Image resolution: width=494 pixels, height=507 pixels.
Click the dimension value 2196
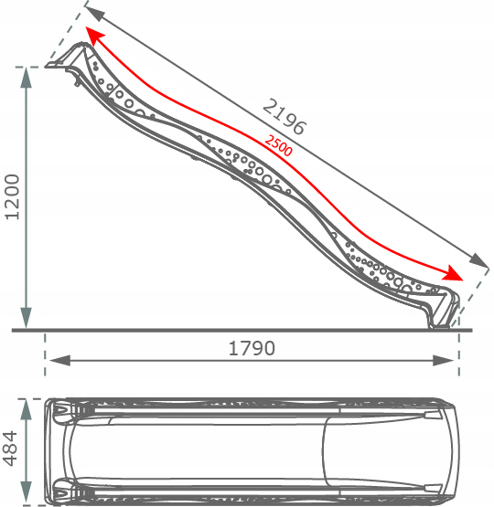coord(284,117)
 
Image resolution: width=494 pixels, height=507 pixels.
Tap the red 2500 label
coord(278,145)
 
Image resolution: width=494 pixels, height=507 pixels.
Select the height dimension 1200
coord(12,197)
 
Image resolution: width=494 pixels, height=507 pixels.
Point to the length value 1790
coord(252,348)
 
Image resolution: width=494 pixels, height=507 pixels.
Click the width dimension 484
coord(9,449)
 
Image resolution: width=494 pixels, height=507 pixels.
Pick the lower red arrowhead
coord(453,273)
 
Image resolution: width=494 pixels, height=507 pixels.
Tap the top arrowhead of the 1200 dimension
coord(26,78)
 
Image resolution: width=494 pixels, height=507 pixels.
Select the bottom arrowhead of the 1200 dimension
coord(26,318)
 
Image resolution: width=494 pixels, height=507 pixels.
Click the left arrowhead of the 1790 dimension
coord(59,361)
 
